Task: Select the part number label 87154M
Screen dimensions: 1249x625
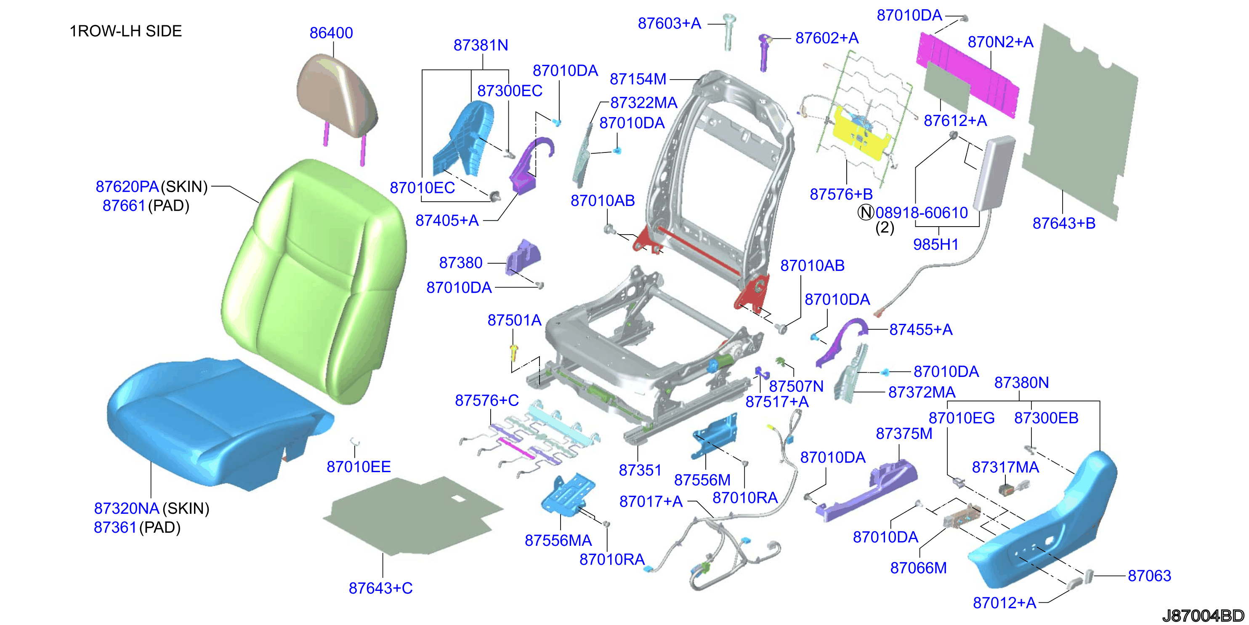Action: click(x=638, y=79)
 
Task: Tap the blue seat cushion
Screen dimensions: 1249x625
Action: click(x=218, y=422)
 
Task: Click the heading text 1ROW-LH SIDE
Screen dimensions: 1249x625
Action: click(x=125, y=31)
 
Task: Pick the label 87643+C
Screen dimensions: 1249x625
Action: click(x=380, y=588)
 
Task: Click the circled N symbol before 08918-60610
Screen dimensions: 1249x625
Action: click(x=866, y=213)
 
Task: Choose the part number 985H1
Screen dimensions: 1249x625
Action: click(x=936, y=244)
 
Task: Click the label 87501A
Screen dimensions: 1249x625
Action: click(x=514, y=320)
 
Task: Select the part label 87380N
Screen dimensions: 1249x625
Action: click(x=1022, y=382)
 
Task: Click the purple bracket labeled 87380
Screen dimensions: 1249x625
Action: click(x=523, y=257)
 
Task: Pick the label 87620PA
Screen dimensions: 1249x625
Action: click(x=127, y=186)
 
